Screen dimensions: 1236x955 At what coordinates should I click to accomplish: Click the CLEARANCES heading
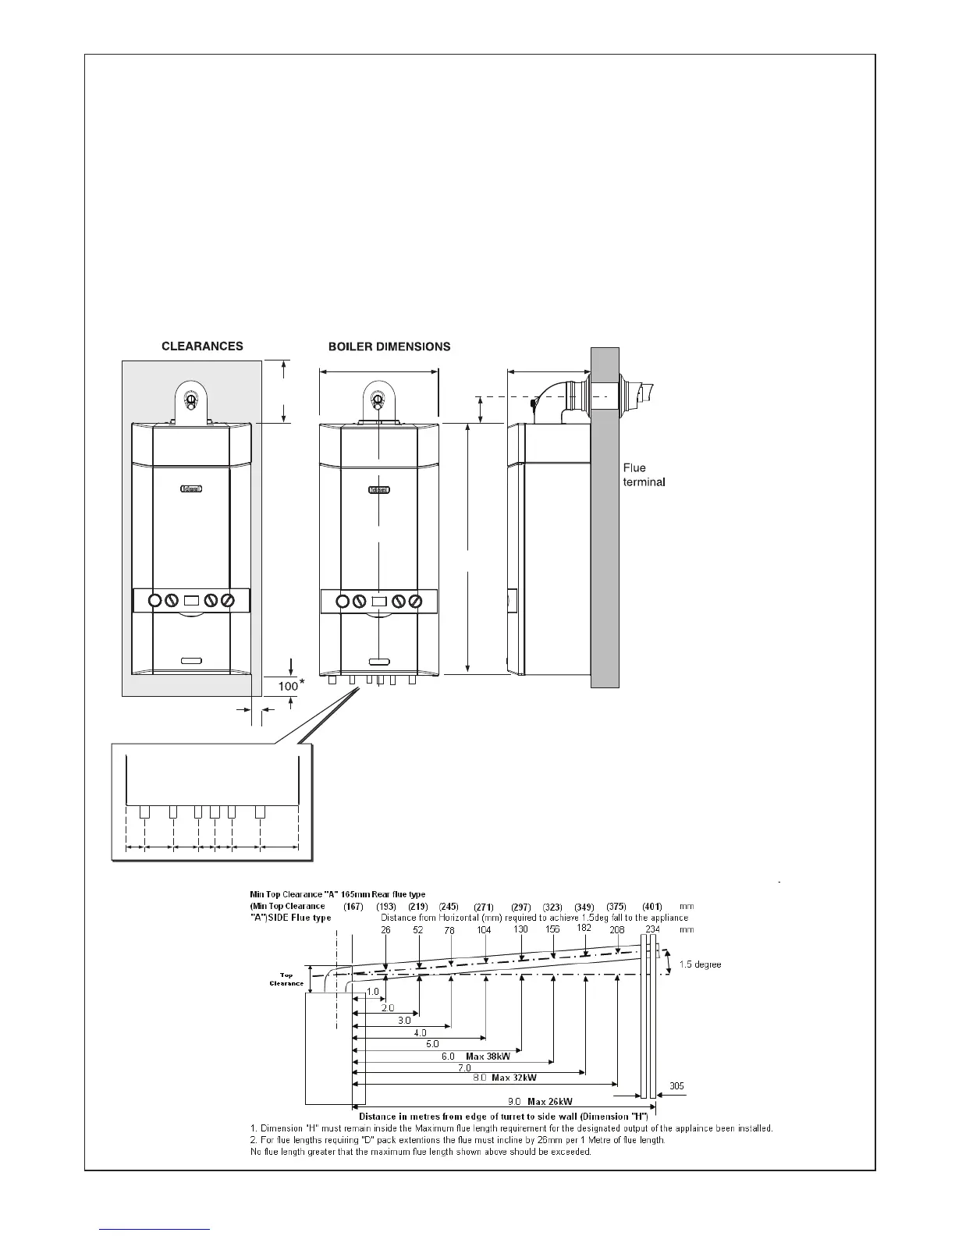pos(202,346)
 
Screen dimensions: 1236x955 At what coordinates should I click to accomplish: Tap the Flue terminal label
pos(644,475)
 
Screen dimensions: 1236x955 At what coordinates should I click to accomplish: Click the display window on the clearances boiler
pos(192,602)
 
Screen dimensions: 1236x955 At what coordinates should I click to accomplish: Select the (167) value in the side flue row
pos(353,907)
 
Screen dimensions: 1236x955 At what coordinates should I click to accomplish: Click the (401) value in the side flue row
pos(651,907)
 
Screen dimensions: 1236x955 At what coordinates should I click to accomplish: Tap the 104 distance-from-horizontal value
pos(484,930)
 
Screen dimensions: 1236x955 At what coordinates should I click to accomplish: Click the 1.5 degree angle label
pos(700,964)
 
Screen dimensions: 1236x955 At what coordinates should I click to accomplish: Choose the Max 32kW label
pos(513,1077)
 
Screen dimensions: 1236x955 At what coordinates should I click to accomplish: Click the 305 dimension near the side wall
pos(677,1085)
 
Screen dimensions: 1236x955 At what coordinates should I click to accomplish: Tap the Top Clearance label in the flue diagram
pos(286,979)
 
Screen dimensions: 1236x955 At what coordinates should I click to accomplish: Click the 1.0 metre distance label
pos(372,992)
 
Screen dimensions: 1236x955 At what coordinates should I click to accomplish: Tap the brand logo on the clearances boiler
pos(192,490)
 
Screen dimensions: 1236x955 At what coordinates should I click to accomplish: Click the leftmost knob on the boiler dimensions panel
pos(342,602)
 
